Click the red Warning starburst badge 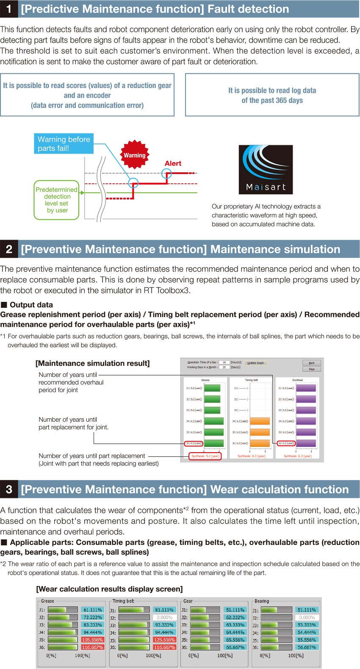click(135, 155)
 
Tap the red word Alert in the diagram click(173, 163)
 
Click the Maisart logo click(266, 169)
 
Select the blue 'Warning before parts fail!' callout click(64, 144)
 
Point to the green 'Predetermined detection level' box click(57, 200)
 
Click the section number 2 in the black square click(9, 249)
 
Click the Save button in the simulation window click(312, 369)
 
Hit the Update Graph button click(255, 363)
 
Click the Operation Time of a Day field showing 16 click(224, 362)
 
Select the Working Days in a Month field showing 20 click(224, 367)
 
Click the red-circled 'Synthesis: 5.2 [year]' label click(205, 456)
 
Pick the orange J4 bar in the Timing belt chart click(260, 421)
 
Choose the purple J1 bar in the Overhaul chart click(306, 388)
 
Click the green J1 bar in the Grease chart click(212, 388)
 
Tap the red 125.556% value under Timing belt click(164, 640)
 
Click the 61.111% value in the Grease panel click(92, 610)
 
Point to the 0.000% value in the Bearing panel click(307, 618)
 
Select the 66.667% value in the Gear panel click(235, 647)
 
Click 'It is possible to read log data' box click(272, 95)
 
